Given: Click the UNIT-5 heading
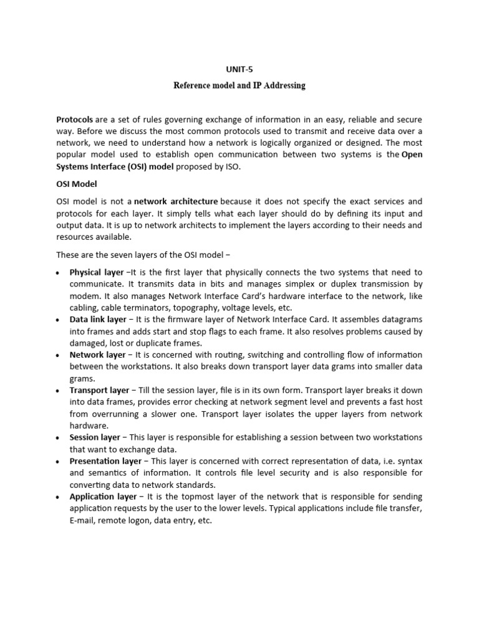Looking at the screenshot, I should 239,71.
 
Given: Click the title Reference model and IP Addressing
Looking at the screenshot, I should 239,85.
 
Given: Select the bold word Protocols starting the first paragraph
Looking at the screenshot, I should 75,119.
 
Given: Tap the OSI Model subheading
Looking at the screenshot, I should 77,184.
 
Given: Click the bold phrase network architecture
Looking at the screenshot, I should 176,202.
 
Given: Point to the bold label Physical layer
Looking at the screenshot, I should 96,273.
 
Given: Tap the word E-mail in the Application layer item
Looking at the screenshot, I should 83,520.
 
